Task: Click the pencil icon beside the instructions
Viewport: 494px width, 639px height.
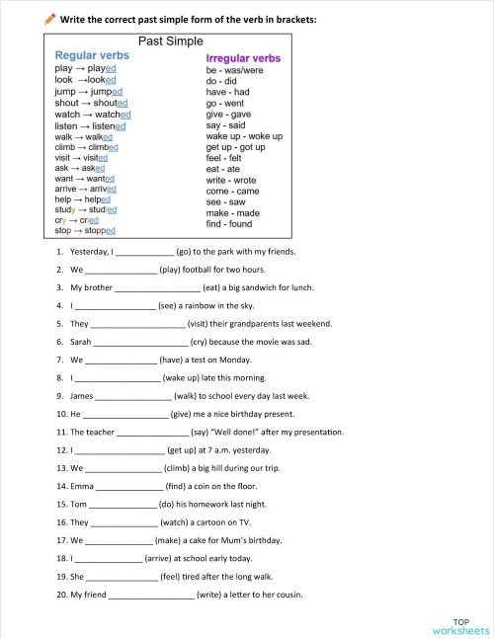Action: point(50,18)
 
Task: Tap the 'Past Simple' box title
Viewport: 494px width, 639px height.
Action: point(170,41)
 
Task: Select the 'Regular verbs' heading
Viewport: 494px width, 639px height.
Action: point(92,56)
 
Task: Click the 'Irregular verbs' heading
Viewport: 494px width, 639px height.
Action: point(243,58)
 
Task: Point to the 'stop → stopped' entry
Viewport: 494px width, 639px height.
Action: point(85,230)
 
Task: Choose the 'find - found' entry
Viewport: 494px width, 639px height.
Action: point(229,224)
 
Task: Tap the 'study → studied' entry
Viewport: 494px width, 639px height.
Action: point(86,209)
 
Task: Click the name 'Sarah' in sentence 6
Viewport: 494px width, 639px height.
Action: point(81,342)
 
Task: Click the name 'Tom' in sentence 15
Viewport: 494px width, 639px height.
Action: point(78,504)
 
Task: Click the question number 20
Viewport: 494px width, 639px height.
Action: point(61,595)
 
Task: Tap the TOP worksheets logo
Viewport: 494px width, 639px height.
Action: point(460,626)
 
